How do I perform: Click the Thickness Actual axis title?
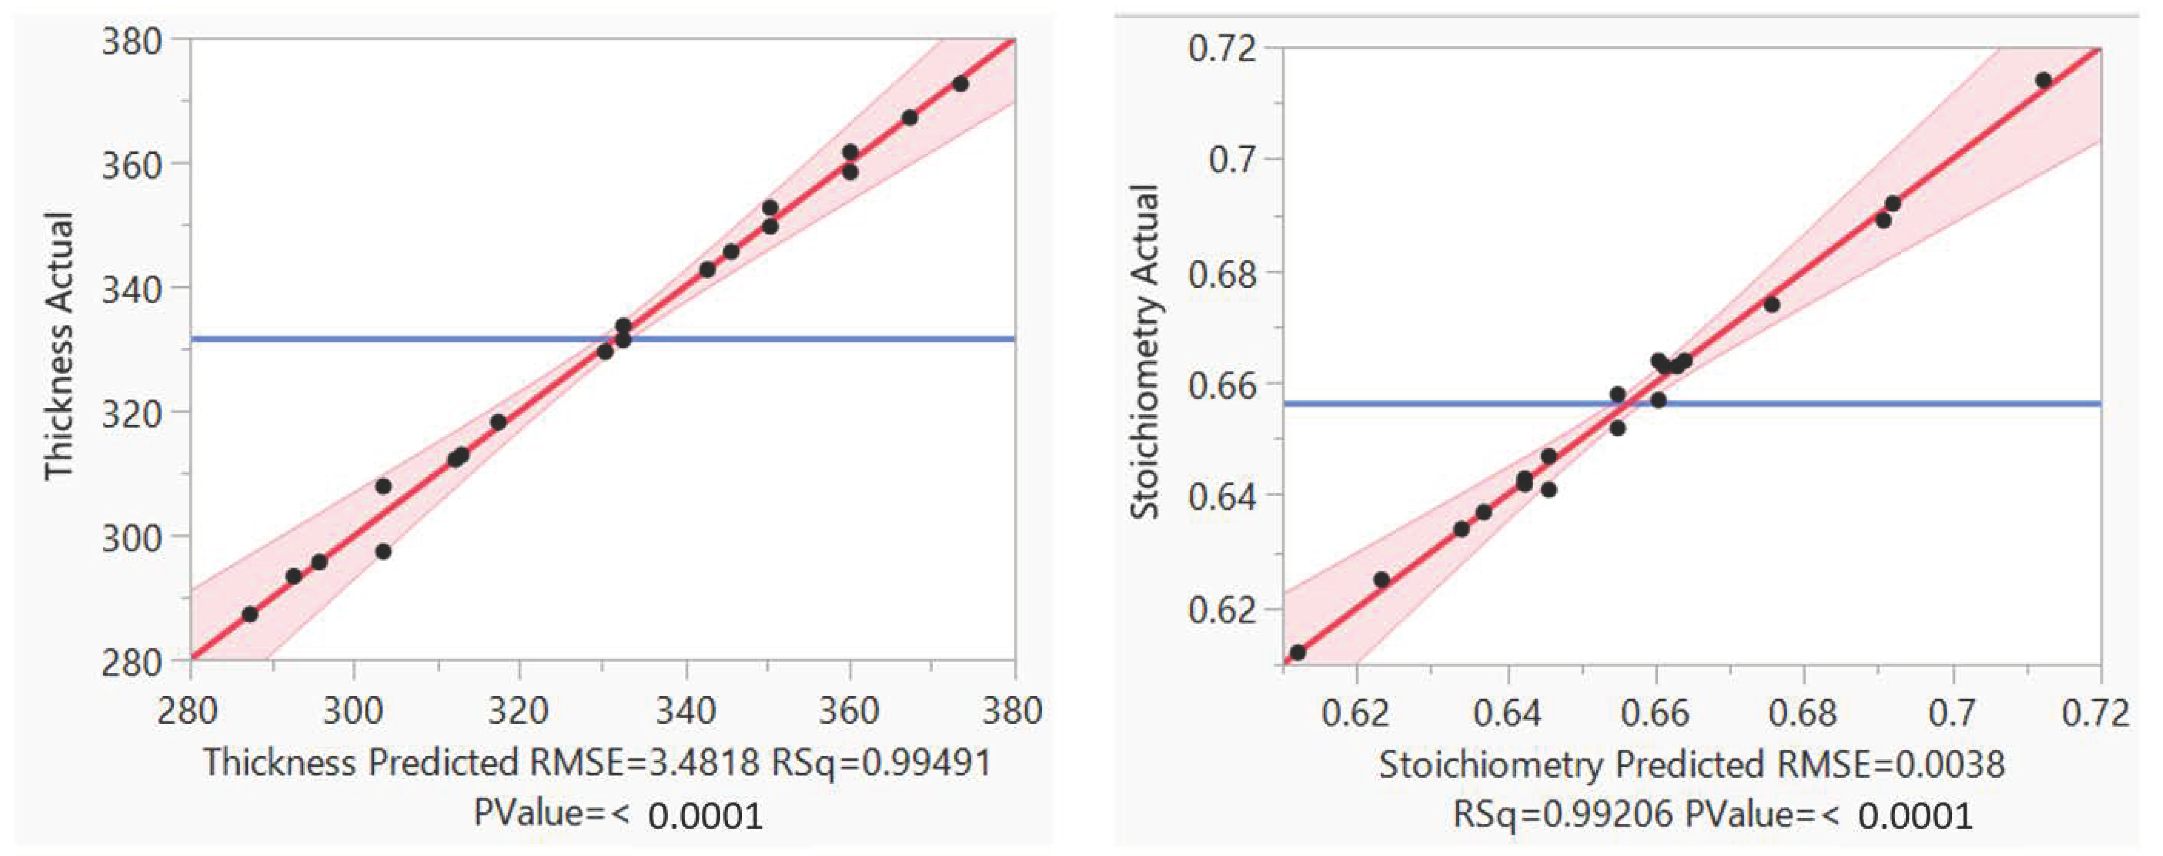coord(59,346)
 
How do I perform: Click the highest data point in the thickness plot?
coord(961,84)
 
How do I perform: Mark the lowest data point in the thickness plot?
coord(249,614)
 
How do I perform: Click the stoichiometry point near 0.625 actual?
coord(1381,579)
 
